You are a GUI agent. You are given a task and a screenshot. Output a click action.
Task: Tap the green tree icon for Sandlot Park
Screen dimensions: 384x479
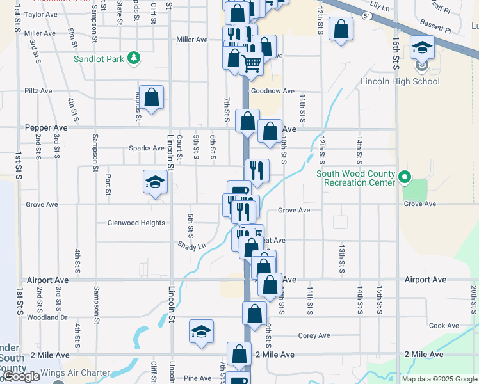pyautogui.click(x=134, y=59)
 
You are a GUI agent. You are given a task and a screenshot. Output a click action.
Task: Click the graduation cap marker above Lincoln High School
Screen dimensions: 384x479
pyautogui.click(x=422, y=48)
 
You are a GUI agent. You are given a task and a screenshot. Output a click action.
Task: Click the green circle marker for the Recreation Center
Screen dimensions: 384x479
pyautogui.click(x=404, y=177)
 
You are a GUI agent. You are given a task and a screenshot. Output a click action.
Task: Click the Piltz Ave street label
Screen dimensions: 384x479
pyautogui.click(x=38, y=91)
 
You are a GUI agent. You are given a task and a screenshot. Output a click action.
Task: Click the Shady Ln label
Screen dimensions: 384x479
pyautogui.click(x=191, y=246)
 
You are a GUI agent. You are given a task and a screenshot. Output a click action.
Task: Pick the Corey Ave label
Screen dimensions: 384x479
pyautogui.click(x=314, y=335)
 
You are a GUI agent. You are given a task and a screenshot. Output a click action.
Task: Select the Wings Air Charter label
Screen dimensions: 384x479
pyautogui.click(x=75, y=372)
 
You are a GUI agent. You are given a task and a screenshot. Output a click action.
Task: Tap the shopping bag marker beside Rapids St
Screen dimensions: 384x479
pyautogui.click(x=151, y=98)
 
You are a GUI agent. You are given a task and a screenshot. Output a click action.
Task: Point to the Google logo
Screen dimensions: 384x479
pyautogui.click(x=21, y=376)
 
